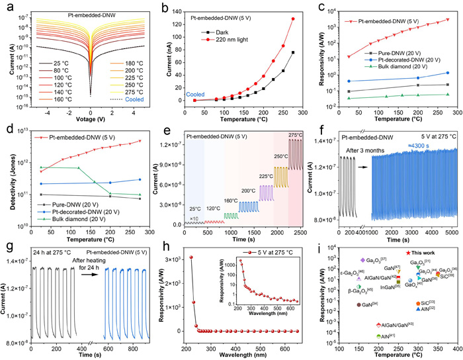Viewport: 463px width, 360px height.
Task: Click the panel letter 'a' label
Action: (6, 6)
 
